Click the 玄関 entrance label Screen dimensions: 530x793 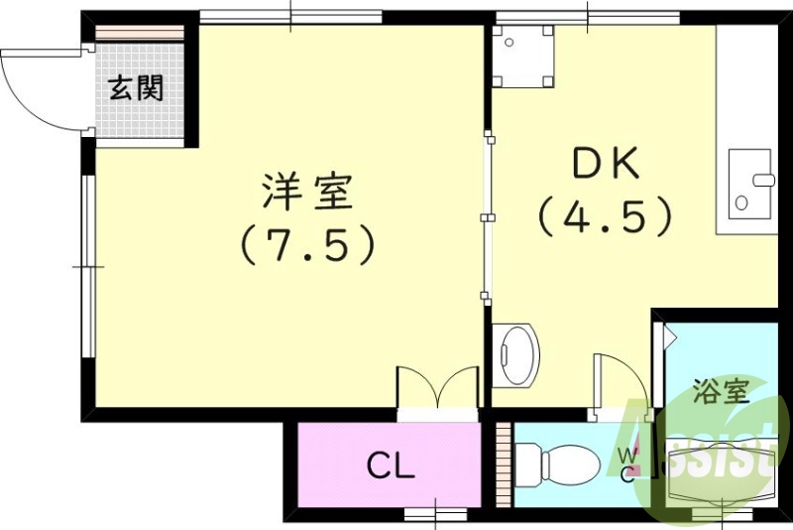[x=136, y=89]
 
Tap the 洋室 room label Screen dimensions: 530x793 [x=307, y=192]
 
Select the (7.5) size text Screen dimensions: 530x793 [x=307, y=244]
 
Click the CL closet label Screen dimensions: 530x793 [x=391, y=464]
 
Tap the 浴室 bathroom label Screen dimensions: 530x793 [x=721, y=390]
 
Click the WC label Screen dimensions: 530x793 [x=628, y=463]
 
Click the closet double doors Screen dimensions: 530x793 [x=437, y=388]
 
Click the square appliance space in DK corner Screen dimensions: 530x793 [x=524, y=58]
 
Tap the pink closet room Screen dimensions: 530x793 [x=389, y=465]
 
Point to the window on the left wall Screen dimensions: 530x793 [x=87, y=266]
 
